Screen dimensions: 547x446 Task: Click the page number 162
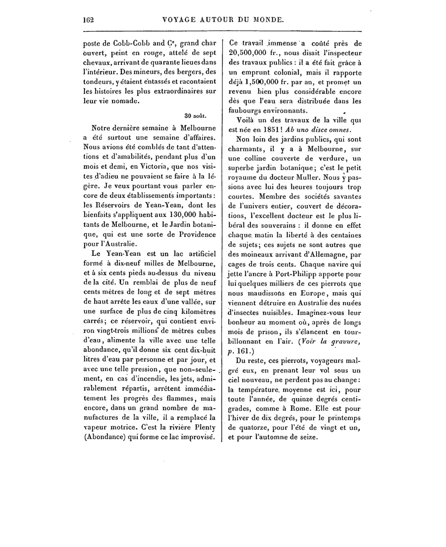click(89, 20)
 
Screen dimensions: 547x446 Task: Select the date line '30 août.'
click(195, 116)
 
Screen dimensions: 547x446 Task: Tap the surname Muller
click(308, 178)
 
